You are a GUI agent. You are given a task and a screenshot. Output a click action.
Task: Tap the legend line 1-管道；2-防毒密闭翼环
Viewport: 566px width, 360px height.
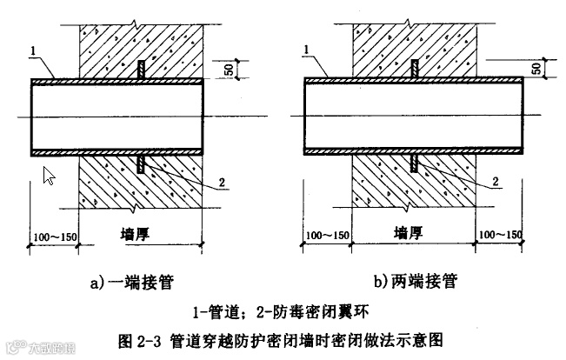click(x=286, y=310)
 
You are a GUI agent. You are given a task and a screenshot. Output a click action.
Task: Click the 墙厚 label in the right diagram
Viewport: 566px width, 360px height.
click(x=413, y=234)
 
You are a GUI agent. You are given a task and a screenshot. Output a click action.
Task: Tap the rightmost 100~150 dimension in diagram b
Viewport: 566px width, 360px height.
click(x=501, y=237)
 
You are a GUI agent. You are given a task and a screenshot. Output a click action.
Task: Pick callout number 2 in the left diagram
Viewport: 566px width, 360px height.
click(x=223, y=183)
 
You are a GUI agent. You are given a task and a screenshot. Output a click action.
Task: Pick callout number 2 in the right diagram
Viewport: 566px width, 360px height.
click(x=495, y=183)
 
